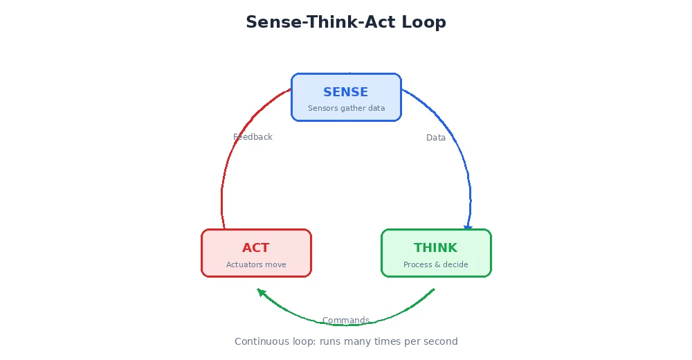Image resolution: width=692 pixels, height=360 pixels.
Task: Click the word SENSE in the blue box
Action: pyautogui.click(x=345, y=92)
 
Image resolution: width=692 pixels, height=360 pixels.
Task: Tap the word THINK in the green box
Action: pyautogui.click(x=435, y=248)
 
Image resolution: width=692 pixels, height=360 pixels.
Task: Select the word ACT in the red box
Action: pyautogui.click(x=255, y=248)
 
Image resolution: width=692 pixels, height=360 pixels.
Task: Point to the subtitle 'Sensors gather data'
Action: pyautogui.click(x=346, y=108)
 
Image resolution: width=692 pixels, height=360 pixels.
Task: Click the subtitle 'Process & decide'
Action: pyautogui.click(x=435, y=264)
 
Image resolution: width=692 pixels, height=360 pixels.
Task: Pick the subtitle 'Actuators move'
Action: pyautogui.click(x=256, y=264)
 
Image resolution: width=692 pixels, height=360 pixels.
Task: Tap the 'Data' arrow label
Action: pyautogui.click(x=436, y=138)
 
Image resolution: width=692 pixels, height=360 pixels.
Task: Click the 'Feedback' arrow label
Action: pyautogui.click(x=253, y=137)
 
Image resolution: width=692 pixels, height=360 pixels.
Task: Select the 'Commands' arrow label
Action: pyautogui.click(x=345, y=320)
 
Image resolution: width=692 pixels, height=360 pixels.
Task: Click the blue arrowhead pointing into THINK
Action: pyautogui.click(x=468, y=227)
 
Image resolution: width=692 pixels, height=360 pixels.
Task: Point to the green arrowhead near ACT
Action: pyautogui.click(x=262, y=292)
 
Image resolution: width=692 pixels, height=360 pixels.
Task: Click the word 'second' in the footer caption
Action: pyautogui.click(x=441, y=341)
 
